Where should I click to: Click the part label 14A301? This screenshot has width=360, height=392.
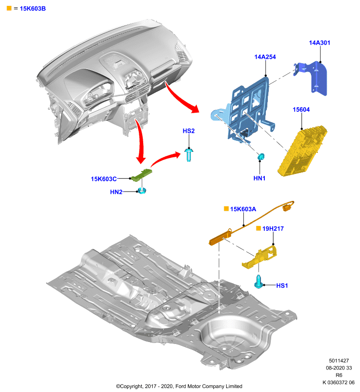pos(319,43)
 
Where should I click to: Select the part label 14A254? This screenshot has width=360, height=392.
pos(265,57)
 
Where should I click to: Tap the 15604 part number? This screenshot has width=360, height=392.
pos(301,109)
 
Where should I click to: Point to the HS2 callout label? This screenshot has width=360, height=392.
pos(188,131)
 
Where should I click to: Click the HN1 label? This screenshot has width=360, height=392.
pos(259,178)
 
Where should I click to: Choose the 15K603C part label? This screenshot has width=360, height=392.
pos(103,179)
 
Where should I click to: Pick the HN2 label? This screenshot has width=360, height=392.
pos(116,192)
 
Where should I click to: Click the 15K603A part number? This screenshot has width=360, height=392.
pos(243,209)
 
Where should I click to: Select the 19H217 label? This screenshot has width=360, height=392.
pos(273,228)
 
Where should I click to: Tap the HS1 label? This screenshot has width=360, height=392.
pos(282,286)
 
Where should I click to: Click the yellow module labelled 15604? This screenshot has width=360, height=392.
pos(302,151)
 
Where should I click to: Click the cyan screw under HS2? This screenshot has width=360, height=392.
pos(189,155)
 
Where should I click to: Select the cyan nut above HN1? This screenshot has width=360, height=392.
pos(260,157)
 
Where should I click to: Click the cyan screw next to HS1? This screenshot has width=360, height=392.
pos(258,281)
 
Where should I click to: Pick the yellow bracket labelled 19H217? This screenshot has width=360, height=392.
pos(260,258)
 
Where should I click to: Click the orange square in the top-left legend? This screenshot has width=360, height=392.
pos(9,8)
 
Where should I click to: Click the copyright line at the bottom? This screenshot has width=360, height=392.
pos(179,386)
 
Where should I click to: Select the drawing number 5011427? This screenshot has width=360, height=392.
pos(339,361)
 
